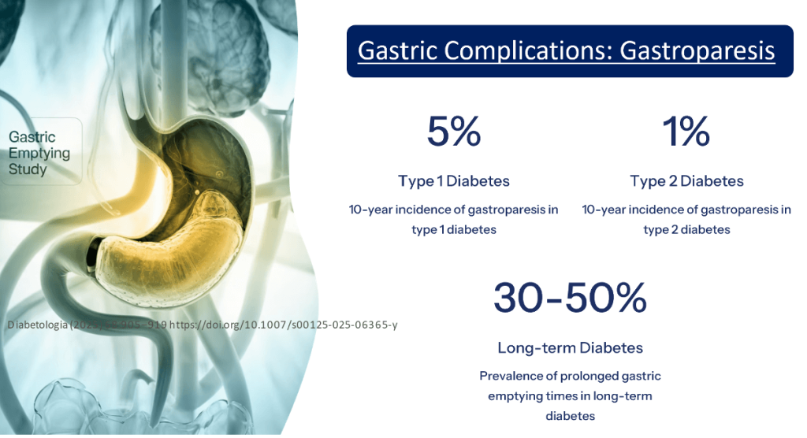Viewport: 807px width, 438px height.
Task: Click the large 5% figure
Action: click(454, 132)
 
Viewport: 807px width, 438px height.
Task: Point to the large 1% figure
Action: click(686, 132)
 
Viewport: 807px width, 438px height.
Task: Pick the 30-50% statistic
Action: click(570, 297)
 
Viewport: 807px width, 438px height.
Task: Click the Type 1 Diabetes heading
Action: click(454, 181)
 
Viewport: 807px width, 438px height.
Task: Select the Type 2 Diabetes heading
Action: click(686, 181)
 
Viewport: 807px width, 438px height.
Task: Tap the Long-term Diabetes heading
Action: click(570, 347)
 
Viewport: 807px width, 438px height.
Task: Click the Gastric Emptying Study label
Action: click(39, 154)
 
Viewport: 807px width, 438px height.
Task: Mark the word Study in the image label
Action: click(28, 169)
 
